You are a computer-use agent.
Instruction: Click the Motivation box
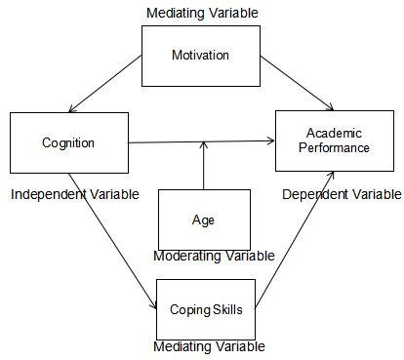[200, 55]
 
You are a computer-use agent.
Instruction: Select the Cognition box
[68, 143]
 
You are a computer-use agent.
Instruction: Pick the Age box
[203, 219]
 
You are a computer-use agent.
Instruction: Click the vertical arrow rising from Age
[203, 166]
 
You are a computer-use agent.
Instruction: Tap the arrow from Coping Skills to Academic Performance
[298, 239]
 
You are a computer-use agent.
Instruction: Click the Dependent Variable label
[341, 194]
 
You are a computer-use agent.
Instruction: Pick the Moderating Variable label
[214, 256]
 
